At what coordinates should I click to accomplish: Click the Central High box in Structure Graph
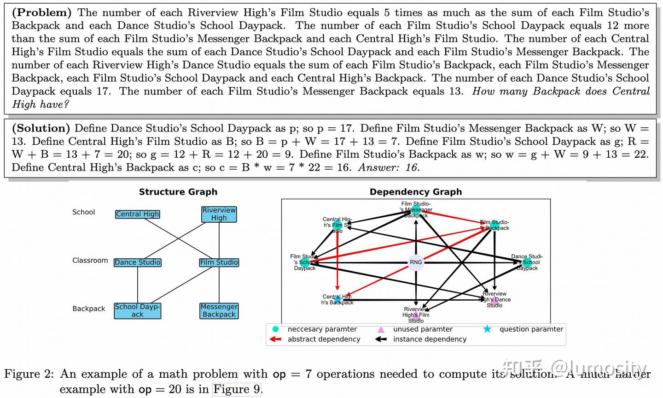[137, 214]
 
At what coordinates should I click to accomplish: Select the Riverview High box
[219, 214]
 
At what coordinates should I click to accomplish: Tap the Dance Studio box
[137, 262]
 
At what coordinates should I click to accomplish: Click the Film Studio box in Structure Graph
[219, 262]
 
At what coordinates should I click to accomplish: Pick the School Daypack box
[137, 310]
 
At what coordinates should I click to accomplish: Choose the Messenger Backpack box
[219, 310]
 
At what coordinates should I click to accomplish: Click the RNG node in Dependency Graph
[416, 262]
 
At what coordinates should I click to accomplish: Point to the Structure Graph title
[178, 192]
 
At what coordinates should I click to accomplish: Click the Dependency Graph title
[415, 192]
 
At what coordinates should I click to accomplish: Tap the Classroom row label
[90, 261]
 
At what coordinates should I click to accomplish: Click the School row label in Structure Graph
[83, 212]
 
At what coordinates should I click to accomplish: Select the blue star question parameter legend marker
[487, 329]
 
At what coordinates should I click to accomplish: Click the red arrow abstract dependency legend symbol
[275, 339]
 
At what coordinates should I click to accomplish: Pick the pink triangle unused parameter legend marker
[381, 329]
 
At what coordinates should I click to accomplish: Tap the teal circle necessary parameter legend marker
[275, 329]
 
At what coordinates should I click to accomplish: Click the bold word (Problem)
[41, 12]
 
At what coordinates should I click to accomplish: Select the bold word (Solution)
[41, 128]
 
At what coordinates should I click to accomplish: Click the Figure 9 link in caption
[237, 389]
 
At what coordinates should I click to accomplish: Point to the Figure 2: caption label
[29, 374]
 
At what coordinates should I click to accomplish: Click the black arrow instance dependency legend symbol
[381, 339]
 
